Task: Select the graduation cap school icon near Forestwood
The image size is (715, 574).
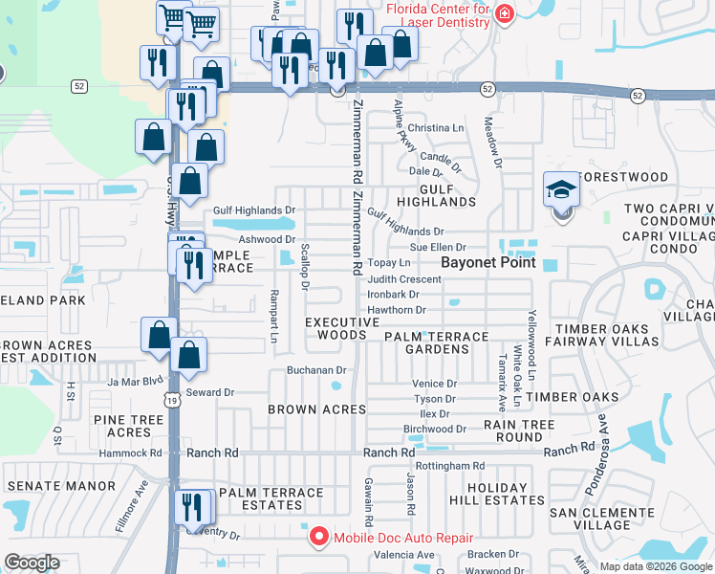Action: click(561, 189)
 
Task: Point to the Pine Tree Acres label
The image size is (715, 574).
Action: click(128, 426)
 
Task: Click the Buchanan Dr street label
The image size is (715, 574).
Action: click(314, 370)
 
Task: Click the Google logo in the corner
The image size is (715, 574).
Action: click(32, 563)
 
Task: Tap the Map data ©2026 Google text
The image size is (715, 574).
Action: click(655, 566)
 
